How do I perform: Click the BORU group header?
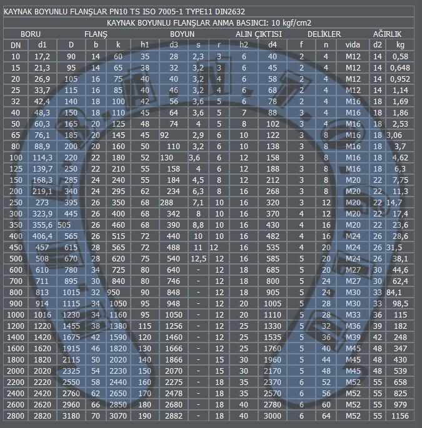tap(31, 34)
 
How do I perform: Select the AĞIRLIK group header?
tap(387, 34)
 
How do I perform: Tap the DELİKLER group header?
tap(324, 34)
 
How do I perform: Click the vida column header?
tap(353, 45)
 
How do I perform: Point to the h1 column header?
tap(144, 45)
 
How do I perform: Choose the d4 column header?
tap(273, 45)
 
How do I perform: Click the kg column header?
tap(400, 45)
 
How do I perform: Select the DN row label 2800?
tap(16, 416)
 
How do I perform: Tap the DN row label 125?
tap(16, 168)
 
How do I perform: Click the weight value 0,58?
tap(400, 57)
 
